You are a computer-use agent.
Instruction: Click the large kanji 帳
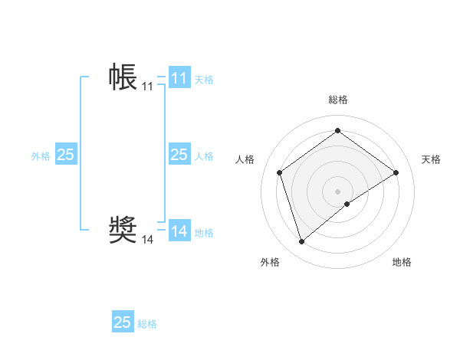coord(123,77)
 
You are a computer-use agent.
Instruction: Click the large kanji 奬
coord(123,230)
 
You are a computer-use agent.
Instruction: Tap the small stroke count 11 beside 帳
coord(147,87)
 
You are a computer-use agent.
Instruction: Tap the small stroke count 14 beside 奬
coord(147,240)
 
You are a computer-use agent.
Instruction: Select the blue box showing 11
coord(179,78)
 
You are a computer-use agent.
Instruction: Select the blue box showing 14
coord(179,231)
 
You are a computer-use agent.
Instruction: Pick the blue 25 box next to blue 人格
coord(179,155)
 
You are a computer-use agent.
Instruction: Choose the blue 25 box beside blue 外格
coord(65,155)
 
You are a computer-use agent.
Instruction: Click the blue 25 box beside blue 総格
coord(122,322)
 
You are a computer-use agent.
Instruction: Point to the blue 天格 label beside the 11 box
coord(204,79)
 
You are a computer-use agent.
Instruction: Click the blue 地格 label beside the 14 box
coord(204,233)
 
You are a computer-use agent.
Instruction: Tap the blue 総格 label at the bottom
coord(147,324)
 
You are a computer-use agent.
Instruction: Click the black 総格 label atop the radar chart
coord(337,100)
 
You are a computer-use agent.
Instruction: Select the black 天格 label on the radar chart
coord(432,159)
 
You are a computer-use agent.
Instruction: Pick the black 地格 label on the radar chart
coord(402,262)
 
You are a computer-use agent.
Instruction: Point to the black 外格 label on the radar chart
coord(270,262)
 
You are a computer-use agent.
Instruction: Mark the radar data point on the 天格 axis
coord(396,172)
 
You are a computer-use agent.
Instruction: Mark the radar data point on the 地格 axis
coord(347,204)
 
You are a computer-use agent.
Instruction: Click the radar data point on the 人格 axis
coord(280,172)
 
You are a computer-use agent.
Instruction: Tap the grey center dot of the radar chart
coord(337,191)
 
